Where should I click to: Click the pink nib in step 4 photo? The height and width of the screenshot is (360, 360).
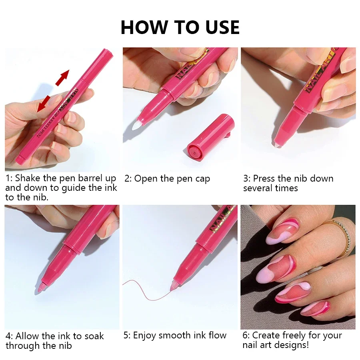(41, 288)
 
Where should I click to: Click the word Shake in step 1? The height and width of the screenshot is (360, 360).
(28, 178)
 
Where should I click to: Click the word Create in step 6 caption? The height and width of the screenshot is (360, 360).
(267, 335)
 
